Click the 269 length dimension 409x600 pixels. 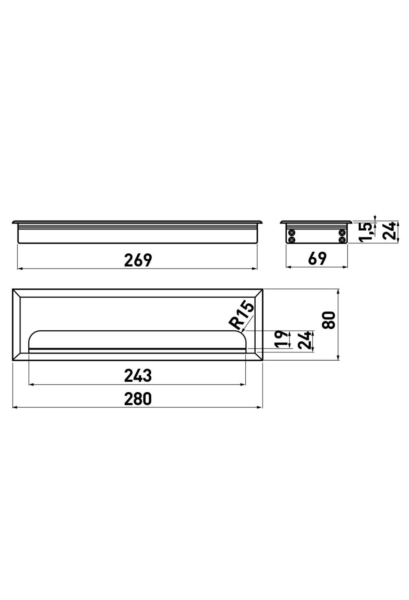pos(138,260)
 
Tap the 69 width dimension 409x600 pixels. pos(317,258)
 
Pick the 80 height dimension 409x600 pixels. pos(329,320)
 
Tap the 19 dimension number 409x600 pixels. pos(281,339)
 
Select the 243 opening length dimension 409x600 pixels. pos(138,376)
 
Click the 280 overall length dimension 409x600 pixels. pos(138,399)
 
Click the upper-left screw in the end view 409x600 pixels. pos(291,233)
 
